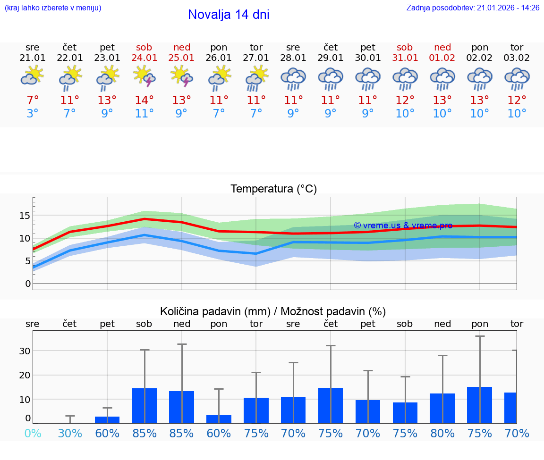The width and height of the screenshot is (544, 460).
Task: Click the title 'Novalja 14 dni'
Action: [229, 15]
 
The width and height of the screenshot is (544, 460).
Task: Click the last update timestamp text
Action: [473, 8]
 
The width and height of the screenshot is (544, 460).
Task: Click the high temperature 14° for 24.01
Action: [144, 100]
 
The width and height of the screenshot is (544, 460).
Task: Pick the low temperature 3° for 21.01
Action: [32, 114]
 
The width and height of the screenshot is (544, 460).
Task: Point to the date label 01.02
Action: [442, 58]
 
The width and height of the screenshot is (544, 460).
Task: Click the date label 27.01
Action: [256, 58]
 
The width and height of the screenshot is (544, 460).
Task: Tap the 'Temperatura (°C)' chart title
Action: [273, 189]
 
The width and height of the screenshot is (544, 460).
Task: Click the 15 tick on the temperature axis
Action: [25, 216]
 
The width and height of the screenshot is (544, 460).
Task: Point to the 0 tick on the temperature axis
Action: [27, 284]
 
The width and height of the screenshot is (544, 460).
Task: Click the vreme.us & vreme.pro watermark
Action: [403, 226]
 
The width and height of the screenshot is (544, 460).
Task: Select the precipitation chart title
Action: [273, 311]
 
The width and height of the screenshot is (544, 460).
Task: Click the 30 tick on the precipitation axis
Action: [25, 351]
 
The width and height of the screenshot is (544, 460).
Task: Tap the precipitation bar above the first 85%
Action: [144, 406]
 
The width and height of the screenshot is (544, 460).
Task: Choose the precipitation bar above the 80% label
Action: [442, 408]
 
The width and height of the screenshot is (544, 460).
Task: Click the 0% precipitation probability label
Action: [32, 433]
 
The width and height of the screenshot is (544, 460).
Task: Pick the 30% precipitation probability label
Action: [70, 433]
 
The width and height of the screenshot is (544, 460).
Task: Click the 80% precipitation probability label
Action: [442, 433]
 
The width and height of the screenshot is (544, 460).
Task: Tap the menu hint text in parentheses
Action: [53, 8]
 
